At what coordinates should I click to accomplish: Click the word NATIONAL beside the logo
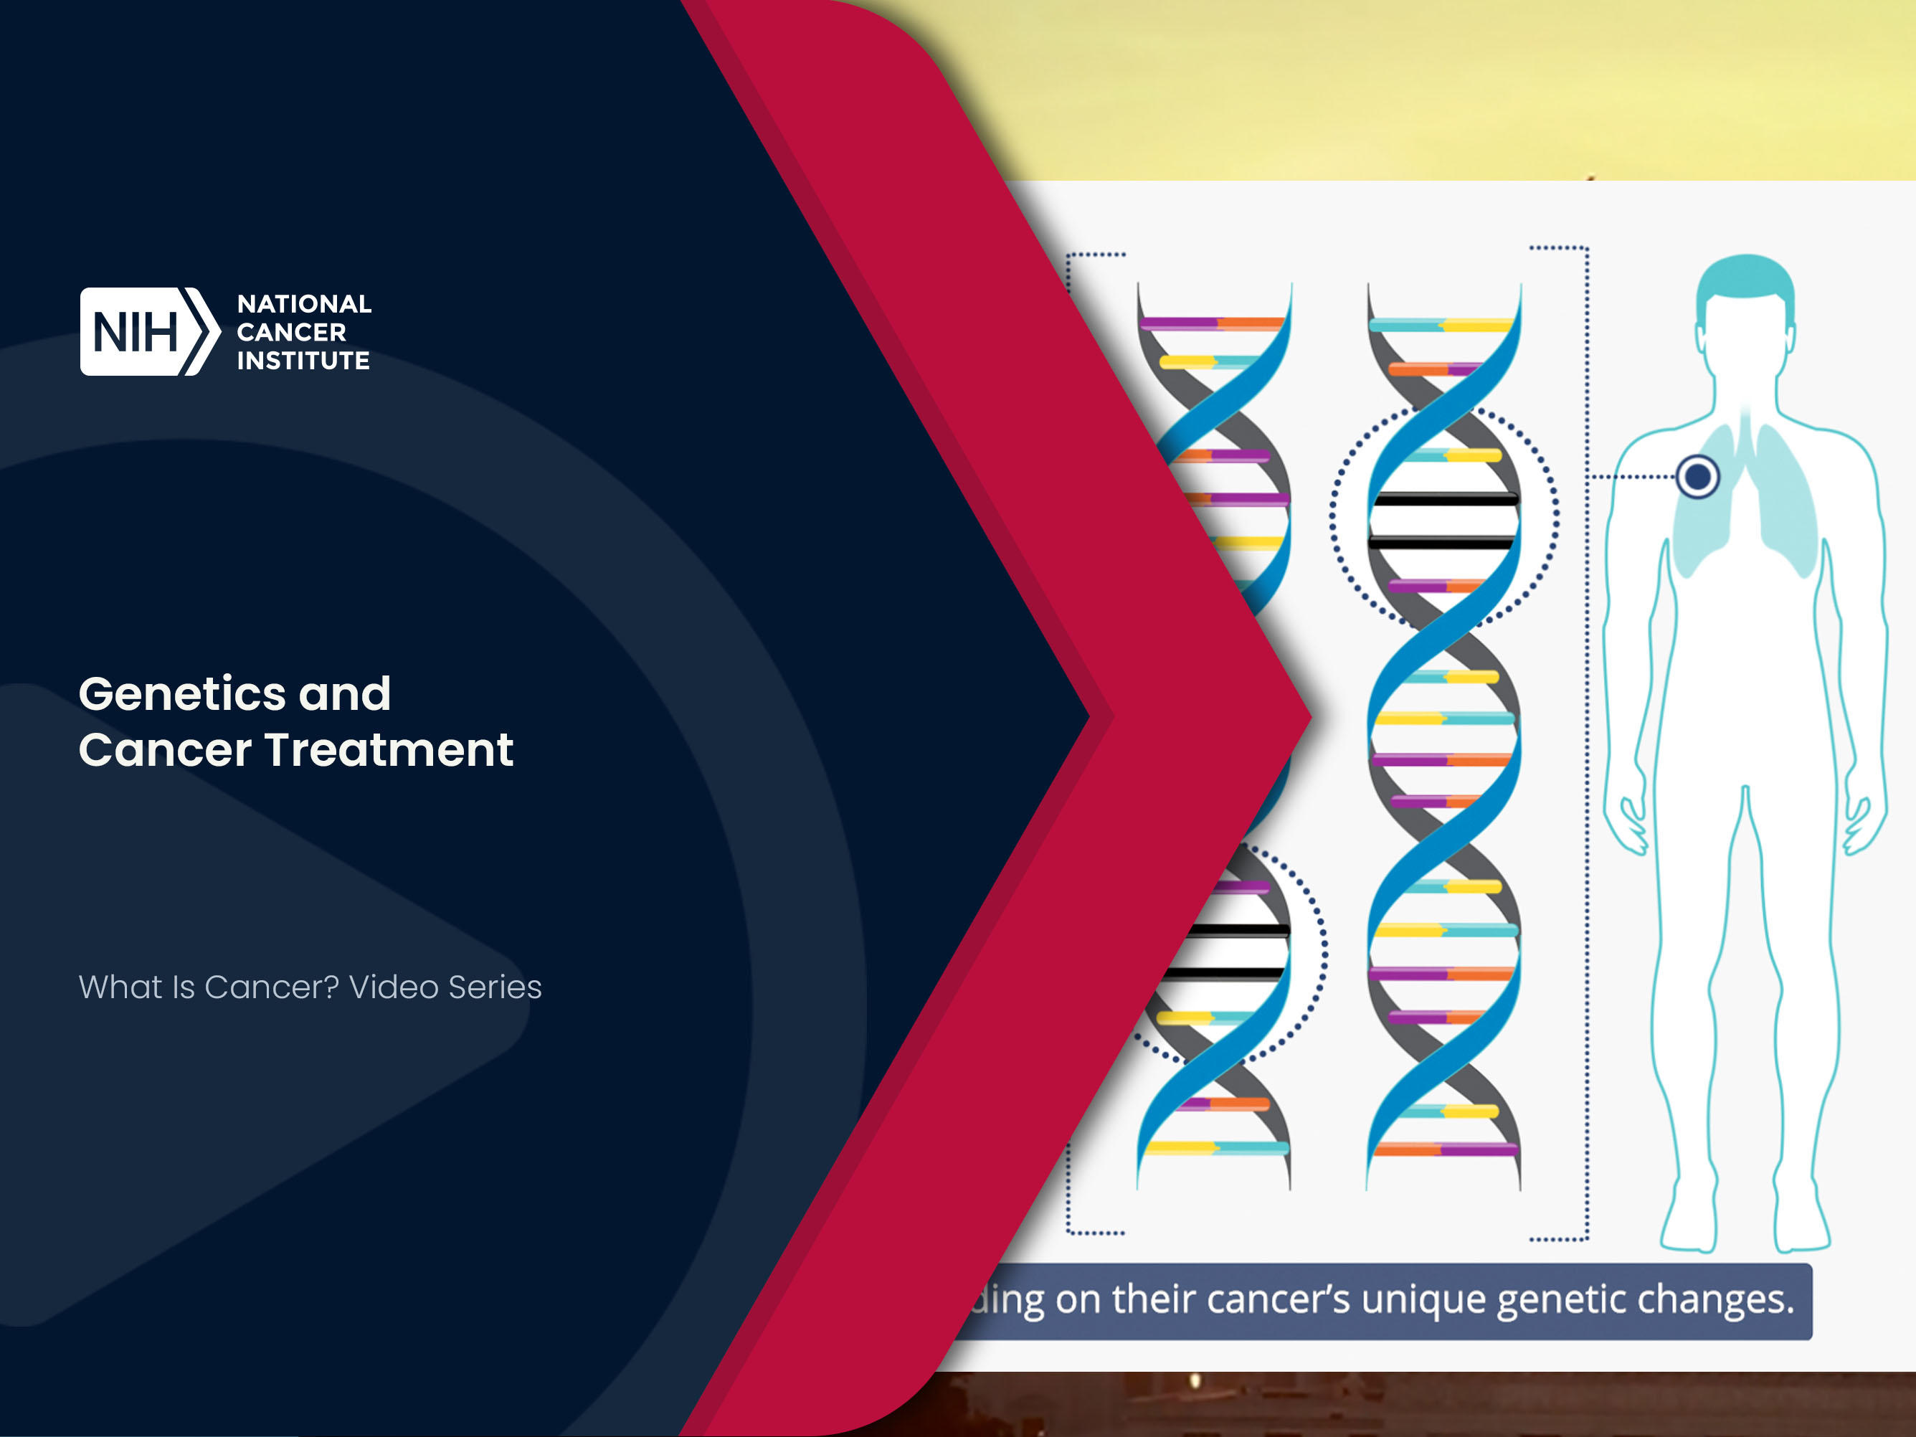pyautogui.click(x=304, y=304)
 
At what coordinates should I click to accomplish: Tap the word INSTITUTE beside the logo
pyautogui.click(x=303, y=361)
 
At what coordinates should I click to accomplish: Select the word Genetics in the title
pyautogui.click(x=183, y=694)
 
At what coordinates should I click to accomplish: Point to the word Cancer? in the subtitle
pyautogui.click(x=271, y=987)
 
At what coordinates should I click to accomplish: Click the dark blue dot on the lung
pyautogui.click(x=1698, y=476)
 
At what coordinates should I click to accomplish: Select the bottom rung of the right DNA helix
pyautogui.click(x=1445, y=1150)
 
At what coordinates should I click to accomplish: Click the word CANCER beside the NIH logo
pyautogui.click(x=291, y=333)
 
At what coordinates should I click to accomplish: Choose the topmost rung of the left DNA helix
pyautogui.click(x=1212, y=324)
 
